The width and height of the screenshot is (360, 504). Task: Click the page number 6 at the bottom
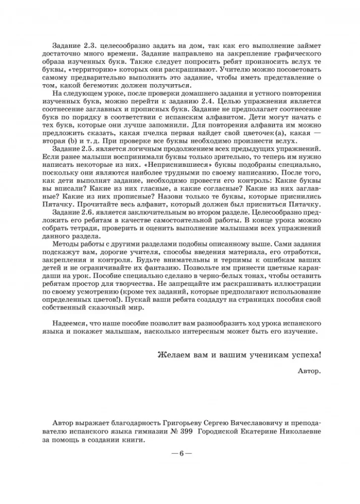180,453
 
